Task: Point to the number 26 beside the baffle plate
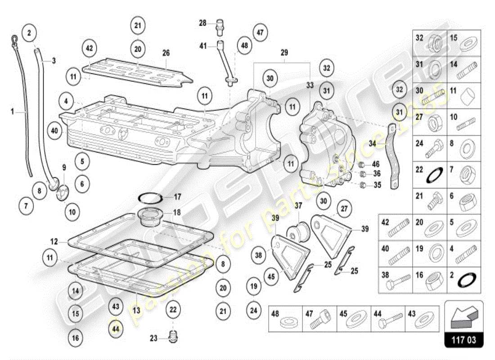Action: pyautogui.click(x=166, y=53)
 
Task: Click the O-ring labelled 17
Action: pyautogui.click(x=150, y=197)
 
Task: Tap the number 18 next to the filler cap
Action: pyautogui.click(x=177, y=212)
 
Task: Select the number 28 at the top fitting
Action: pyautogui.click(x=202, y=22)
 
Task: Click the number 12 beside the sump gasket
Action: pyautogui.click(x=54, y=242)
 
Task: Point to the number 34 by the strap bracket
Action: pyautogui.click(x=372, y=144)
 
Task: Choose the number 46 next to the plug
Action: pyautogui.click(x=376, y=164)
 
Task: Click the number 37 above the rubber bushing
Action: pyautogui.click(x=298, y=206)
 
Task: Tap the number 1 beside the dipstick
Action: pyautogui.click(x=13, y=111)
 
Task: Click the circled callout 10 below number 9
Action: pyautogui.click(x=72, y=210)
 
